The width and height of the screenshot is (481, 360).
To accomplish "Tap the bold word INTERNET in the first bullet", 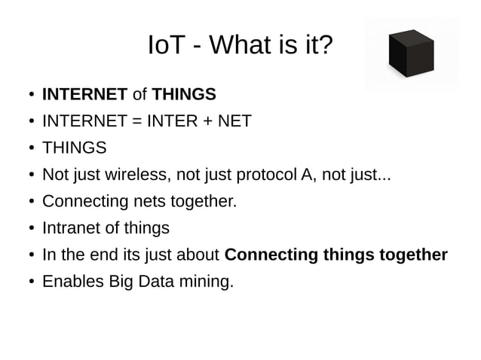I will pos(84,95).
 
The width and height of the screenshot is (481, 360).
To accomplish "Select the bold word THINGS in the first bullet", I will pos(184,95).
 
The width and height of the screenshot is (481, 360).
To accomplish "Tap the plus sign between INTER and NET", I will pos(207,121).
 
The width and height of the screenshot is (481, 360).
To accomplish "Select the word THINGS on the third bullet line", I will pos(74,148).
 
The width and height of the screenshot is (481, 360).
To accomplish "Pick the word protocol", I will pos(267,175).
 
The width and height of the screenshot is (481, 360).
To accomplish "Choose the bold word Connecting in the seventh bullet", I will pos(271,255).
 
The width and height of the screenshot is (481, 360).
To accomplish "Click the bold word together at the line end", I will pos(413,255).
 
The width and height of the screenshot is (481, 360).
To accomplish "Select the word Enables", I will pos(73,282).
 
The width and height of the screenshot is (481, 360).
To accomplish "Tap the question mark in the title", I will pos(324,47).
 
